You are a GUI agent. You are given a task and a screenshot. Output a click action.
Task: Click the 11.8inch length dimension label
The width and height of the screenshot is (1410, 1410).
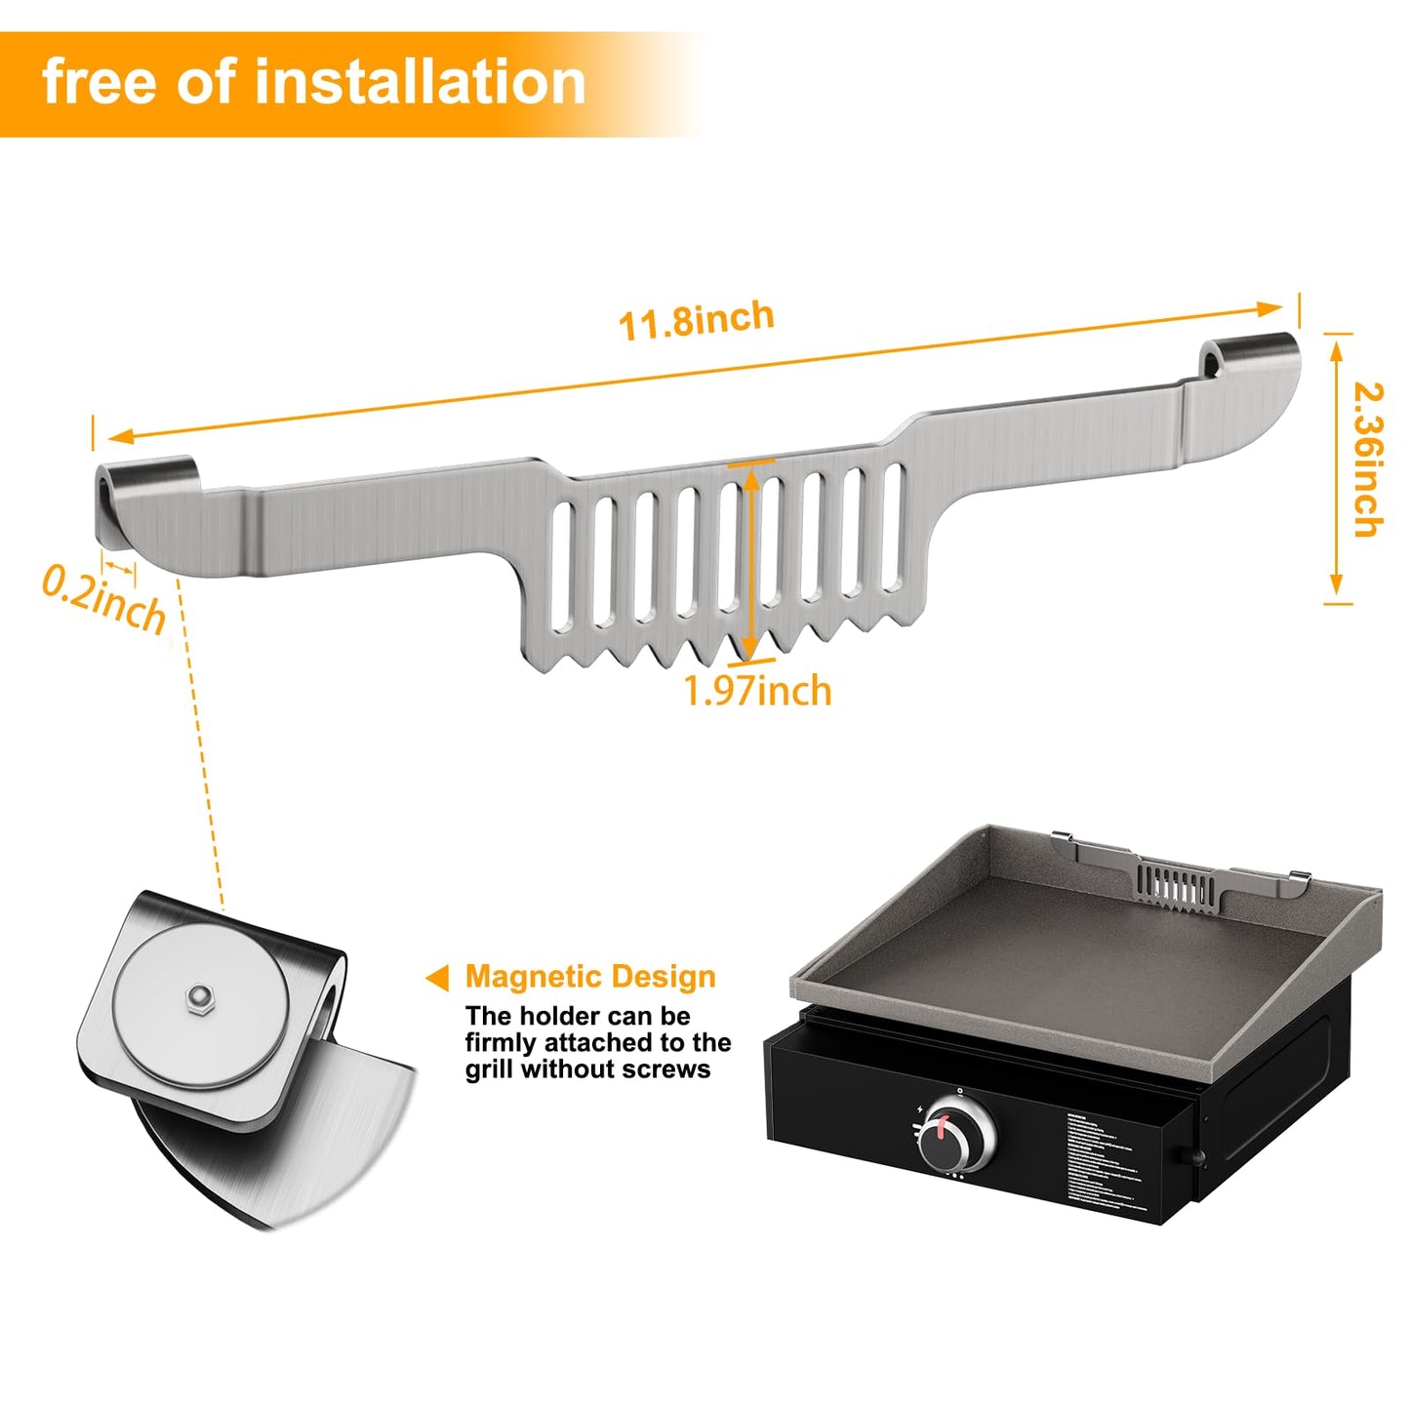coord(696,320)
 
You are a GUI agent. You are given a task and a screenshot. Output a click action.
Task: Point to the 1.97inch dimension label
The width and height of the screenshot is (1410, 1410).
coord(757,691)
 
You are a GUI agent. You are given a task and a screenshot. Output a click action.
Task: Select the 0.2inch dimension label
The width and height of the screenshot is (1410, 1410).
coord(103,599)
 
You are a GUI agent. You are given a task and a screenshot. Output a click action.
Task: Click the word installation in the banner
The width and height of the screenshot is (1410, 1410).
coord(420,81)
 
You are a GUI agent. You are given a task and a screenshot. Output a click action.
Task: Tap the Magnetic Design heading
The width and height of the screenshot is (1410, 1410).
coord(590,977)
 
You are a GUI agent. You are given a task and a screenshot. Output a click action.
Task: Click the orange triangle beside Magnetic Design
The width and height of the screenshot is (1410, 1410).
coord(438,978)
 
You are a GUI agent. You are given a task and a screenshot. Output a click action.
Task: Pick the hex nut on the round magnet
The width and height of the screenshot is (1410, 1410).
coord(200,996)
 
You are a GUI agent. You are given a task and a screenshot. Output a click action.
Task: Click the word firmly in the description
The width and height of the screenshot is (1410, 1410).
coord(501,1043)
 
